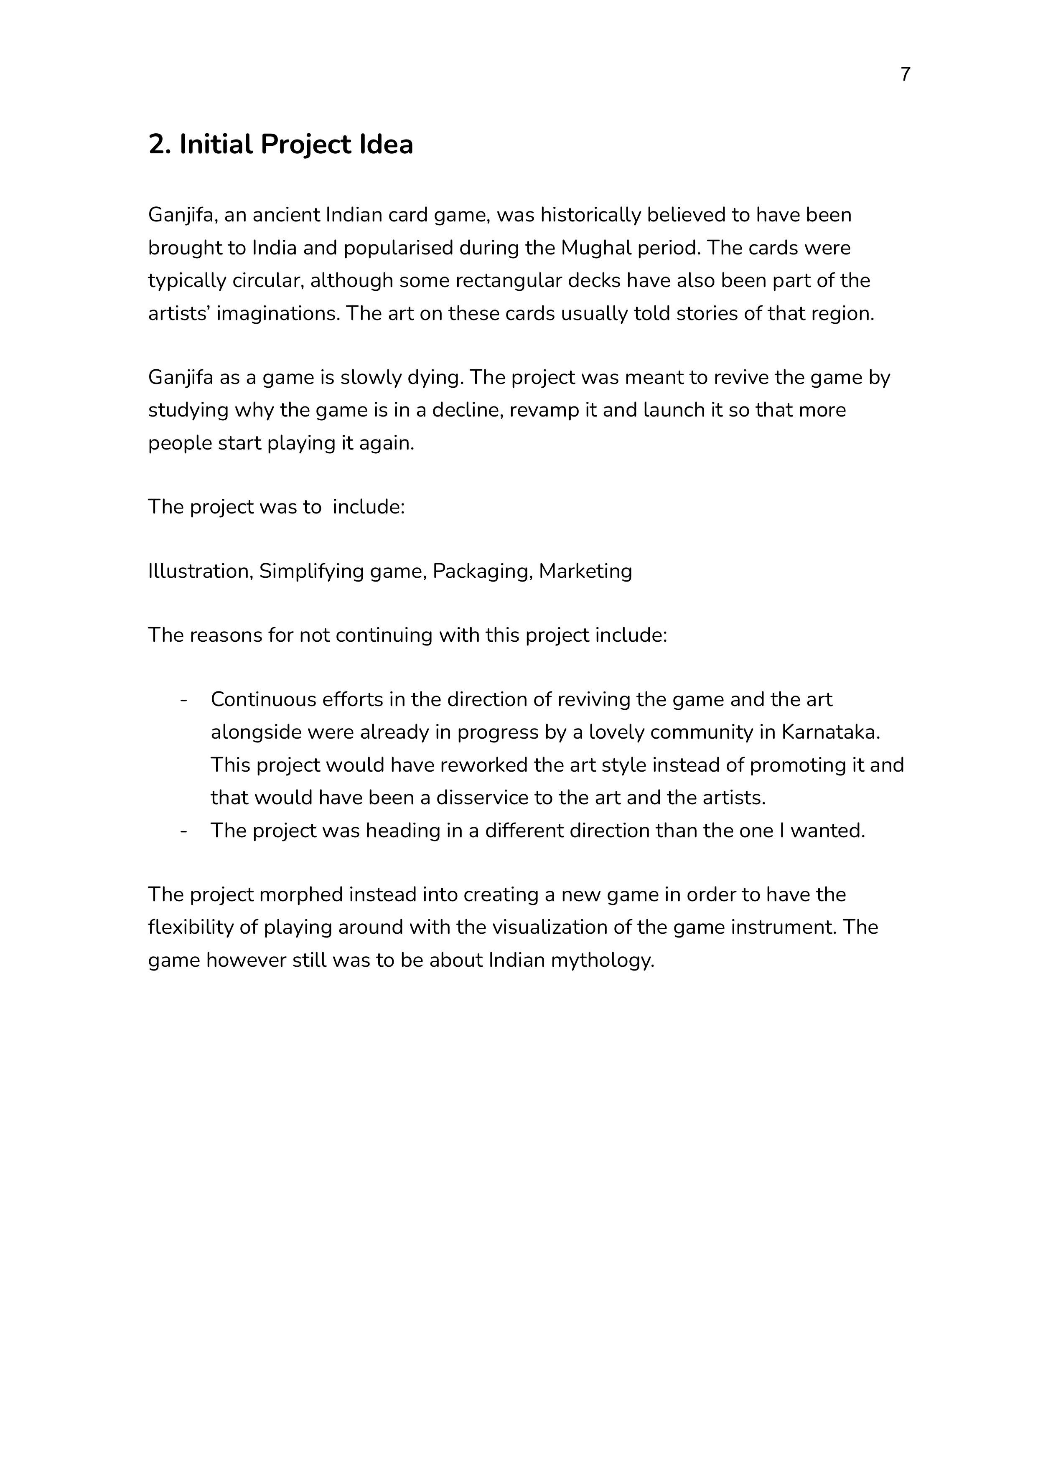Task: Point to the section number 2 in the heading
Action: [157, 145]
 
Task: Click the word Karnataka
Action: [830, 732]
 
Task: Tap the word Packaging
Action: [483, 572]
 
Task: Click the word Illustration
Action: [200, 572]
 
